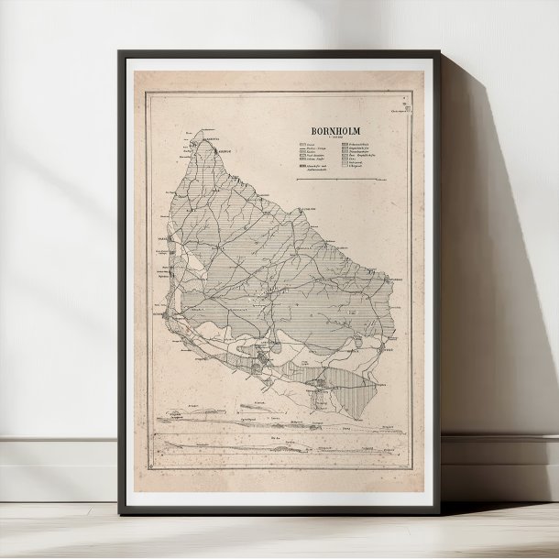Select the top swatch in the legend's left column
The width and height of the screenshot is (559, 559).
(x=302, y=145)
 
